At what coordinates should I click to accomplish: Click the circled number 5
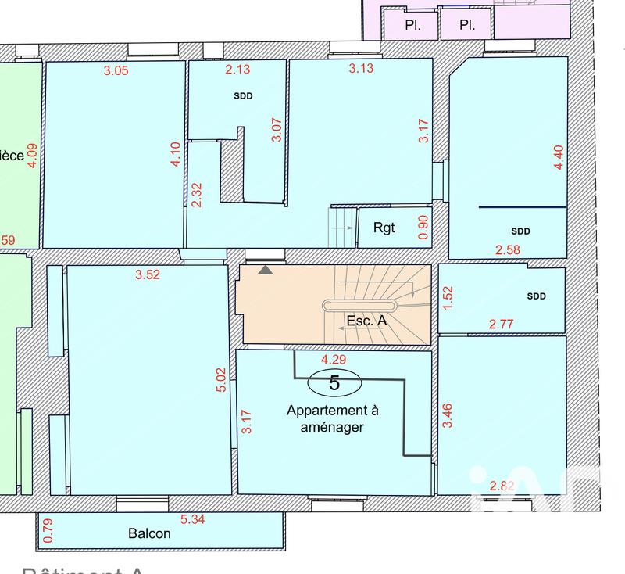click(x=334, y=382)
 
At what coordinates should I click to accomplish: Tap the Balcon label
click(x=149, y=533)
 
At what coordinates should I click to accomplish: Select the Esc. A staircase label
click(x=366, y=321)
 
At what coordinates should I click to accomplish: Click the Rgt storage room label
click(x=384, y=228)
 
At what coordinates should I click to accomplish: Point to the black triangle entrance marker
click(x=266, y=270)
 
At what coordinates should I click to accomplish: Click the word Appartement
click(x=326, y=411)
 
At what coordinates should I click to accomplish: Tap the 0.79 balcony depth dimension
click(x=47, y=531)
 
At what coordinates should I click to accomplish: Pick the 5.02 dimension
click(x=222, y=381)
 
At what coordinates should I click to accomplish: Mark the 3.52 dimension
click(x=148, y=274)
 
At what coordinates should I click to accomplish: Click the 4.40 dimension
click(x=558, y=159)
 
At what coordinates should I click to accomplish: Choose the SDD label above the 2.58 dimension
click(x=521, y=231)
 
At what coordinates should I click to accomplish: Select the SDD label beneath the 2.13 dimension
click(x=245, y=96)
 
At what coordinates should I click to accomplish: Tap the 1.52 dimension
click(x=448, y=298)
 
